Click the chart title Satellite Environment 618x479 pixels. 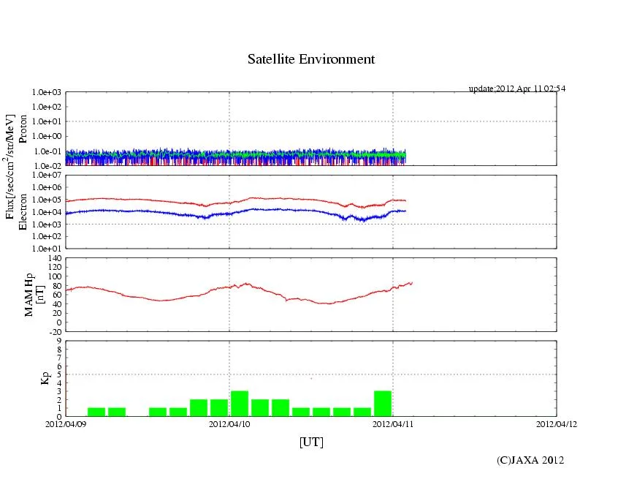(310, 59)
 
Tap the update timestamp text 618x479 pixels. (516, 88)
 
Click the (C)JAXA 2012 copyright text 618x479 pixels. (530, 460)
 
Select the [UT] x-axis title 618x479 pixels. (310, 442)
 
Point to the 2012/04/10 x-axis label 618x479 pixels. (229, 423)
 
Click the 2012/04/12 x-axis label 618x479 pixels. (557, 423)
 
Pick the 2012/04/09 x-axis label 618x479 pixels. (66, 423)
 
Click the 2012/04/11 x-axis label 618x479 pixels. (393, 423)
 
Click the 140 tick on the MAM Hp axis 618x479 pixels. (53, 259)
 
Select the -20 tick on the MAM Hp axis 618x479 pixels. (53, 331)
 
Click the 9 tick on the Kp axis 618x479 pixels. (58, 341)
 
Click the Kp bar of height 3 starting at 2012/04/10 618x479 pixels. (240, 404)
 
